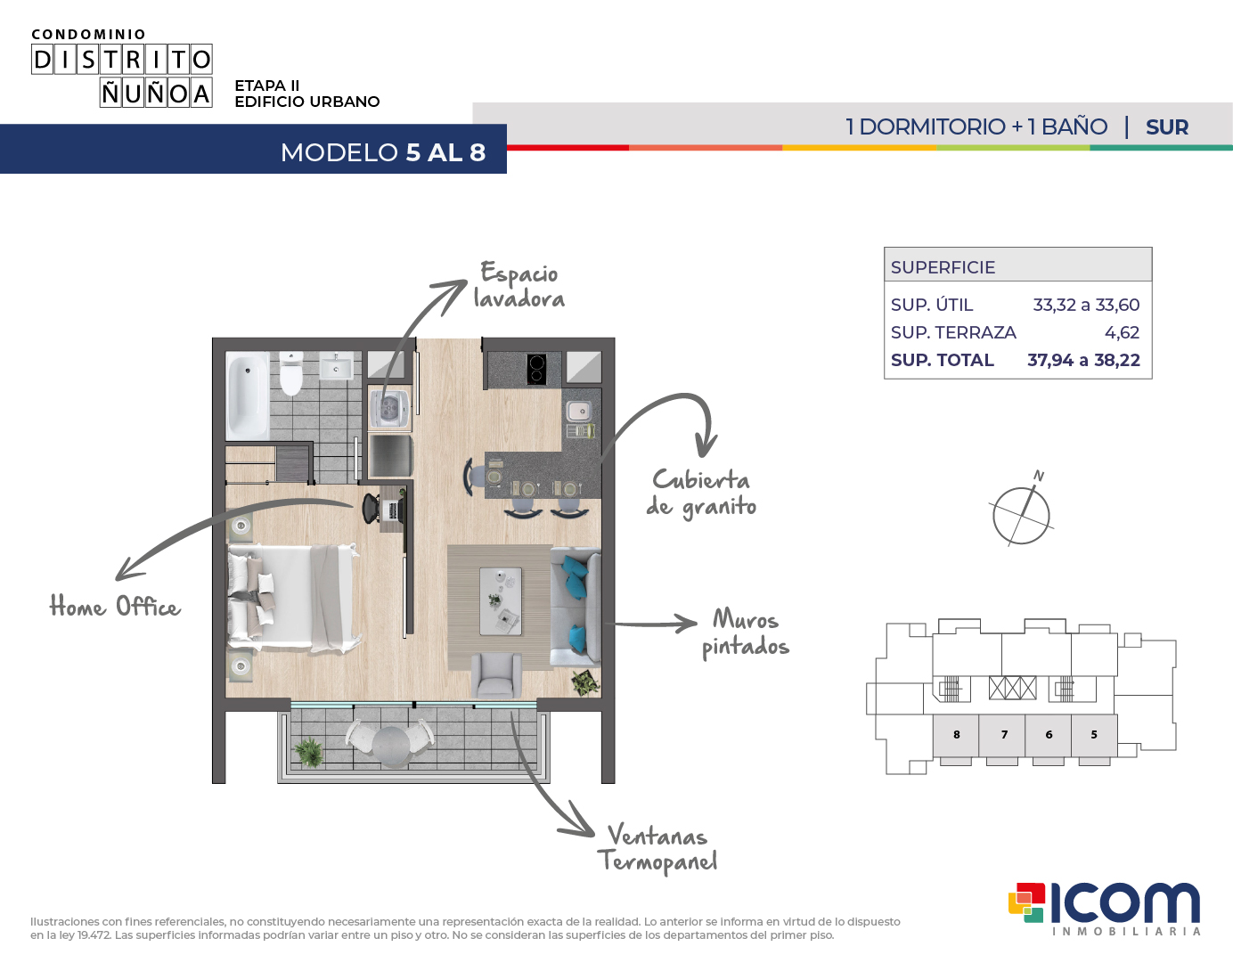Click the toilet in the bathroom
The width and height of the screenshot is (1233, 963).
(x=291, y=374)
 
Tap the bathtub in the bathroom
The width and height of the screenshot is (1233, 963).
(x=248, y=396)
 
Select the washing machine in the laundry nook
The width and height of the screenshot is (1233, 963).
(x=389, y=408)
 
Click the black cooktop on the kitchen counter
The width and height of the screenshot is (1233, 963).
(x=536, y=369)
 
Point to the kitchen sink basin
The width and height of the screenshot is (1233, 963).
(x=579, y=410)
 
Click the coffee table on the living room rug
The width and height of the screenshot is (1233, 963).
(x=501, y=601)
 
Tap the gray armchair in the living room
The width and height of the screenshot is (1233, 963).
(x=496, y=675)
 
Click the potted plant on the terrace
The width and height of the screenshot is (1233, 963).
(x=309, y=752)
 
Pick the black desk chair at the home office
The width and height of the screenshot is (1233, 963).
(x=372, y=508)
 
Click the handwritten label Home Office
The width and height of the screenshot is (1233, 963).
(x=115, y=607)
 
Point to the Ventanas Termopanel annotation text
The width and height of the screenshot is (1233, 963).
(x=657, y=848)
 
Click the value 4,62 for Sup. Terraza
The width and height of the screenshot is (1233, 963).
(x=1122, y=332)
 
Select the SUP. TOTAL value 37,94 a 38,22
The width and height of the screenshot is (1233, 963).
(x=1083, y=360)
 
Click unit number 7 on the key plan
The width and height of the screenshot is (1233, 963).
(x=1004, y=734)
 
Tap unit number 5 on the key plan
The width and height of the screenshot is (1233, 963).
(x=1094, y=734)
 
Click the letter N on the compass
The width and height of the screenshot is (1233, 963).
(x=1039, y=475)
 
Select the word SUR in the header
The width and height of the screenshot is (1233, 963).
(x=1166, y=127)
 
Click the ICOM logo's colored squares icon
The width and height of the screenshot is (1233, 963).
(x=1026, y=902)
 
